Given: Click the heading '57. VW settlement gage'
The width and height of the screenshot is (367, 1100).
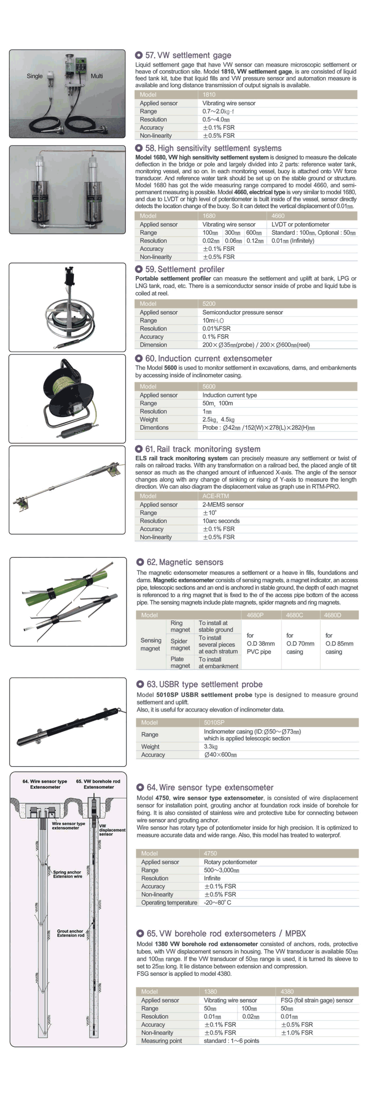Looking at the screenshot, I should pyautogui.click(x=188, y=55).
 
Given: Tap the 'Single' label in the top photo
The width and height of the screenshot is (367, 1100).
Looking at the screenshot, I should pyautogui.click(x=35, y=76).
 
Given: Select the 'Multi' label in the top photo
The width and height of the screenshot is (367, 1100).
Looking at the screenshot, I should pyautogui.click(x=96, y=76).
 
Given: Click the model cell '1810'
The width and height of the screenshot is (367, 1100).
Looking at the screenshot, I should pyautogui.click(x=209, y=95).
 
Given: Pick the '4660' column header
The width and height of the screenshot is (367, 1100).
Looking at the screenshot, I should pyautogui.click(x=278, y=216).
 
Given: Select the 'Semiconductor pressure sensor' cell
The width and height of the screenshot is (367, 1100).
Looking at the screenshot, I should pyautogui.click(x=242, y=312).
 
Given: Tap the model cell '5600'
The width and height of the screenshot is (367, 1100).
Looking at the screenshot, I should pyautogui.click(x=209, y=387).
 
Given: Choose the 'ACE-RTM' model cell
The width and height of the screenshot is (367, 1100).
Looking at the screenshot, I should pyautogui.click(x=215, y=496).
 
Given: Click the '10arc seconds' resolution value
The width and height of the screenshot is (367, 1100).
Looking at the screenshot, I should pyautogui.click(x=221, y=521).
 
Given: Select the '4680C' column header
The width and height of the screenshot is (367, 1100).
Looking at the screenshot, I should pyautogui.click(x=295, y=615).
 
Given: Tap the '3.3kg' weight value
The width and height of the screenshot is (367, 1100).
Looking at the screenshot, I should pyautogui.click(x=211, y=746).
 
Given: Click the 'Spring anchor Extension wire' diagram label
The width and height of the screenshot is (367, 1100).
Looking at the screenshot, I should pyautogui.click(x=67, y=874).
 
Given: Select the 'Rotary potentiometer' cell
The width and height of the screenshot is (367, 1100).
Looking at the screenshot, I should pyautogui.click(x=230, y=862).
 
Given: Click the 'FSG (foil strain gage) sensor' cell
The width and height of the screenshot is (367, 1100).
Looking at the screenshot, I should pyautogui.click(x=317, y=1000).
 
